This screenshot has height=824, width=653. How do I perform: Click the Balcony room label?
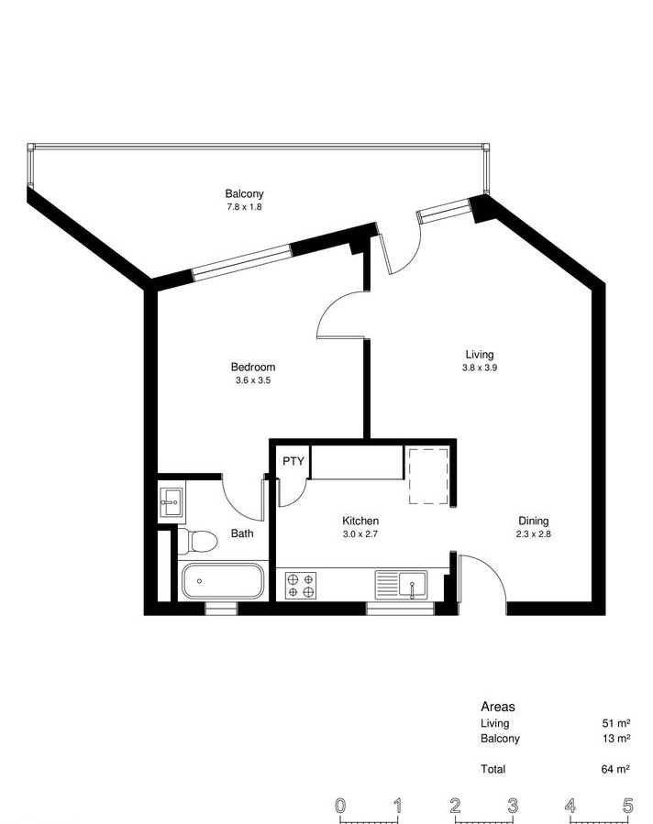(244, 193)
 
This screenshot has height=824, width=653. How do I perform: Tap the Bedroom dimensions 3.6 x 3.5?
(253, 380)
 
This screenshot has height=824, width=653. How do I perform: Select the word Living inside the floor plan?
(480, 354)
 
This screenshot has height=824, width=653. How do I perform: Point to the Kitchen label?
(360, 521)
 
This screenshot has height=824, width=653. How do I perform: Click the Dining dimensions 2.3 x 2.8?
(534, 534)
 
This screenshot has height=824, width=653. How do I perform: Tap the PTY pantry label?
(293, 461)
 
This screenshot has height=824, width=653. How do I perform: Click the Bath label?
(242, 533)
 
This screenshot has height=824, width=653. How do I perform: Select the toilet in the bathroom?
(198, 541)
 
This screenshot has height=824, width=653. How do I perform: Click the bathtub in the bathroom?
(223, 581)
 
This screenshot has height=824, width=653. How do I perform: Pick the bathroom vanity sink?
(172, 502)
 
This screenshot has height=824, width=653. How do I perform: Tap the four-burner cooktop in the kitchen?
(301, 586)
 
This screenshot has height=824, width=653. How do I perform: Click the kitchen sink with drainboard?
(401, 586)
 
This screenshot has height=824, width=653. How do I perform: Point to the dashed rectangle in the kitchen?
(429, 475)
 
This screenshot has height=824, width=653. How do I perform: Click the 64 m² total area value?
(615, 769)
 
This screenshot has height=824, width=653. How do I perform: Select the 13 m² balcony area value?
(616, 739)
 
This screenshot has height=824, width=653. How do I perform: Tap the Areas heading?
(498, 707)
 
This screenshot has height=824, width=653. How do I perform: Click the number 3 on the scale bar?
(513, 806)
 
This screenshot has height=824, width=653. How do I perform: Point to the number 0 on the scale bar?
(340, 806)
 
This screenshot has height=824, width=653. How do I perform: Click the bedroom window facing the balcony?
(241, 262)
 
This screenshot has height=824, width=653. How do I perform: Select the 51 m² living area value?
(616, 723)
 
